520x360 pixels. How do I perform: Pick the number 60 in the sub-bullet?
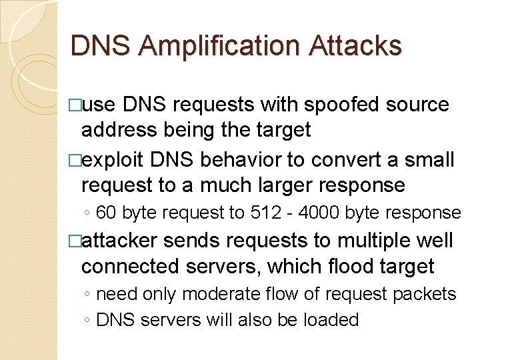pyautogui.click(x=107, y=213)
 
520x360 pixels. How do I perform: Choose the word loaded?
pyautogui.click(x=331, y=320)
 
